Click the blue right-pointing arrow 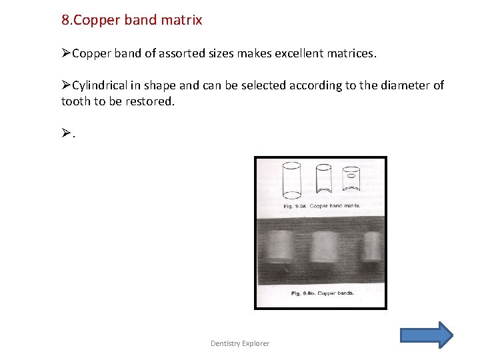[x=427, y=335]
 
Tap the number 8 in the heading [x=65, y=20]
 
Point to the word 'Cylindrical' [x=103, y=85]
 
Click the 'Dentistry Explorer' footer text [x=240, y=343]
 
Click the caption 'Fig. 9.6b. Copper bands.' [x=323, y=293]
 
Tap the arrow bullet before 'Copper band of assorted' [x=66, y=52]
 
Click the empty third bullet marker [x=66, y=134]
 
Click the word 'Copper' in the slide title [x=97, y=20]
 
